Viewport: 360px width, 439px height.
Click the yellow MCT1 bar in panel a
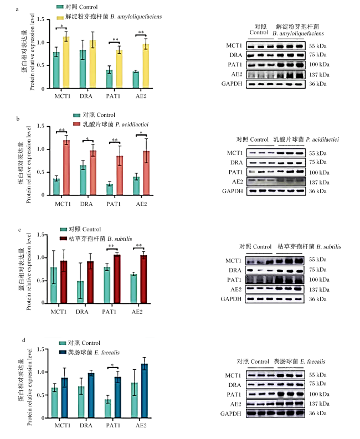tap(66, 63)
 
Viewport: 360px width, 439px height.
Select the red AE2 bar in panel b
tap(146, 173)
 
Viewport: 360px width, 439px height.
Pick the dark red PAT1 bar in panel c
tap(117, 279)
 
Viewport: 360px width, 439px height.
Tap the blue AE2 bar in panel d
tap(145, 391)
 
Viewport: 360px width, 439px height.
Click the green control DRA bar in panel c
tap(80, 292)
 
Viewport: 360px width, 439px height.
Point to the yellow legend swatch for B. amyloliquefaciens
tap(60, 18)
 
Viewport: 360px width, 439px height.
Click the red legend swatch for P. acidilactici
tap(76, 124)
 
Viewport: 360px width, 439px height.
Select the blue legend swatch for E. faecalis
tap(63, 352)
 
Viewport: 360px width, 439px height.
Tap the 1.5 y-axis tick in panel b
tap(41, 126)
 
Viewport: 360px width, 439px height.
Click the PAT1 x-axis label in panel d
tap(113, 426)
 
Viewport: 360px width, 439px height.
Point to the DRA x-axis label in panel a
tap(86, 96)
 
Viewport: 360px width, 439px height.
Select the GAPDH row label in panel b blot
tap(232, 191)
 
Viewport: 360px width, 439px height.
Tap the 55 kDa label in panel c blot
tap(318, 260)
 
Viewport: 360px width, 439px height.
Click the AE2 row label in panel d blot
tap(235, 404)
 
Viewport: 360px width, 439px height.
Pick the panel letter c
tap(19, 230)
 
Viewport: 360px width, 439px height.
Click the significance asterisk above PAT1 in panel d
tap(112, 365)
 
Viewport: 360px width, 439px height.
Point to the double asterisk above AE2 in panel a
tap(141, 33)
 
